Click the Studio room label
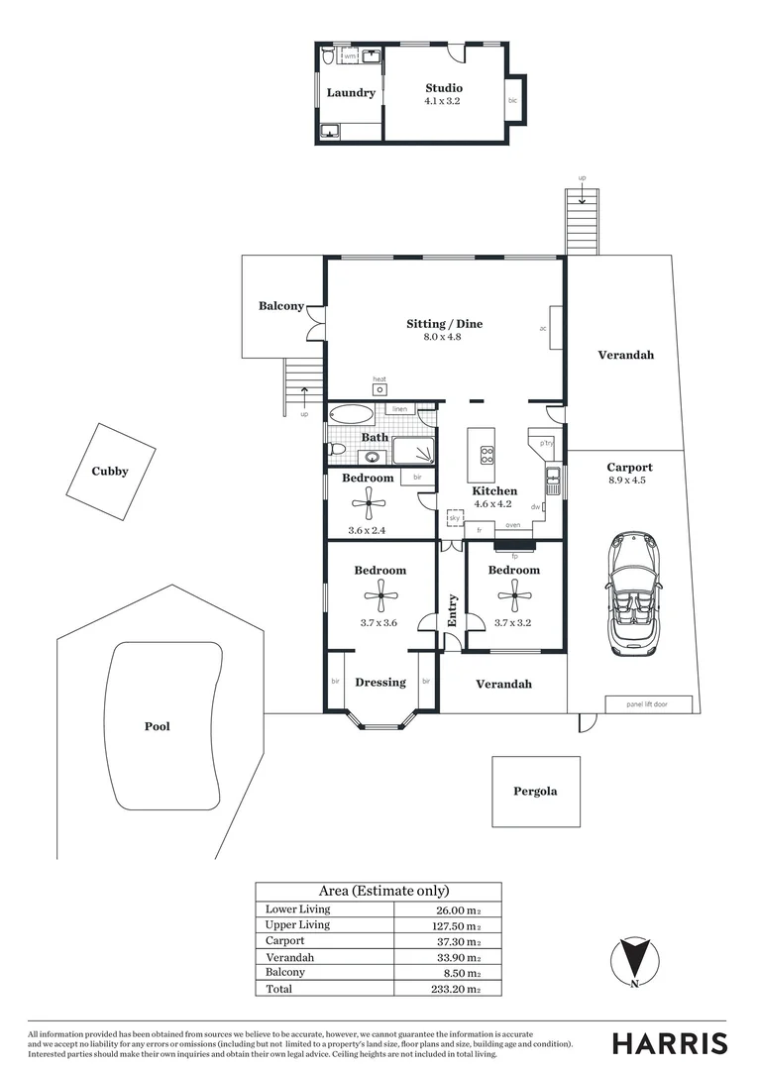point(444,89)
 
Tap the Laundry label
point(351,93)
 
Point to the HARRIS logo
point(669,1043)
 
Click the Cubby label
point(110,472)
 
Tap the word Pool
point(157,726)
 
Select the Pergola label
point(535,792)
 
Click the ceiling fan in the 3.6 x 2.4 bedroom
point(369,502)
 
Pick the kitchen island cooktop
point(487,455)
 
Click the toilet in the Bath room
point(337,451)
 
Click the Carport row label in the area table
point(285,941)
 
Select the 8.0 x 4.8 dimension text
point(444,337)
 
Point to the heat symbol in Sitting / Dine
point(379,389)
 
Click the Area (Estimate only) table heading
point(383,891)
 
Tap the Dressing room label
point(380,682)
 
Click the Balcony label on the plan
point(281,306)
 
